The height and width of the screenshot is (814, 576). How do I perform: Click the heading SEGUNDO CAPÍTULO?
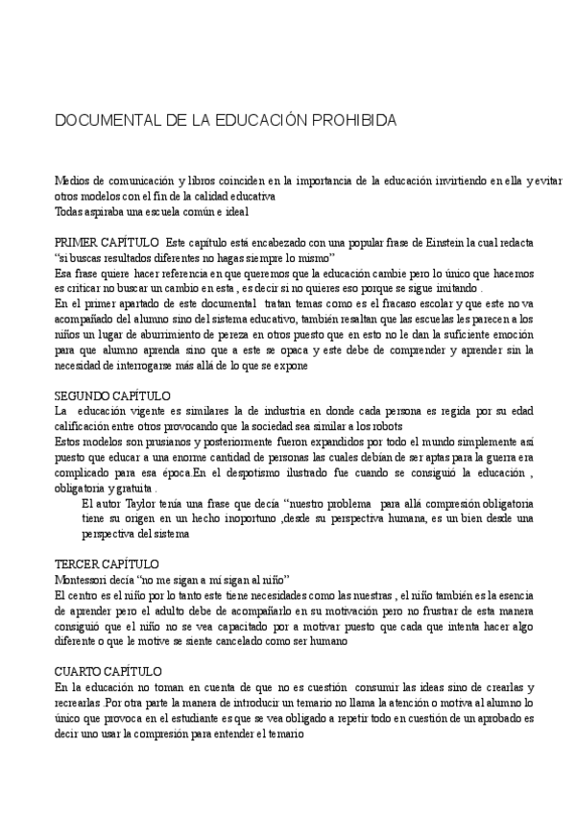pyautogui.click(x=112, y=396)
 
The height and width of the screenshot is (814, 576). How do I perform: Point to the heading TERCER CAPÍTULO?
pyautogui.click(x=107, y=564)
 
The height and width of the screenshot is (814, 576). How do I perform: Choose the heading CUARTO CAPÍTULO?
pyautogui.click(x=108, y=671)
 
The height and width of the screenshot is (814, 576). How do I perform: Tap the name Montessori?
pyautogui.click(x=84, y=580)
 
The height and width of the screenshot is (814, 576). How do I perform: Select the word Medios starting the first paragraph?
pyautogui.click(x=72, y=182)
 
